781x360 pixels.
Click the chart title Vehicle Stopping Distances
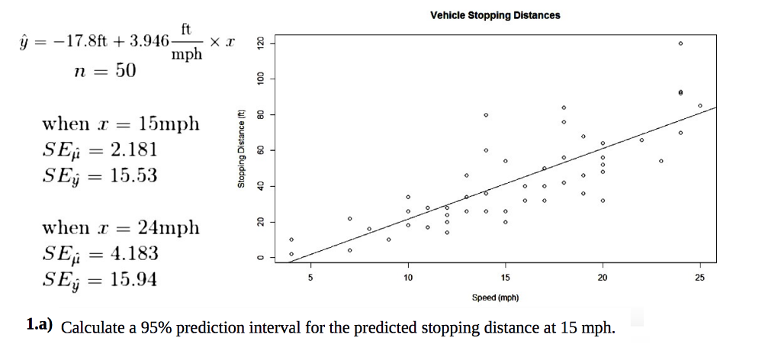point(495,15)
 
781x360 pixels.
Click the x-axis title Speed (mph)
point(495,297)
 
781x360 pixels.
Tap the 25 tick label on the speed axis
point(699,278)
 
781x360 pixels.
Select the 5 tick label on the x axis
point(310,278)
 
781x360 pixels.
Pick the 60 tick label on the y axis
point(259,150)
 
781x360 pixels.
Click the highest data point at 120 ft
point(680,43)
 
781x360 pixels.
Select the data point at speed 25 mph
point(700,105)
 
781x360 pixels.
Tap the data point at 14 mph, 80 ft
point(486,114)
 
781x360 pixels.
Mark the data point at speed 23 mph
point(661,161)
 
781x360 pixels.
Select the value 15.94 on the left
point(133,280)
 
